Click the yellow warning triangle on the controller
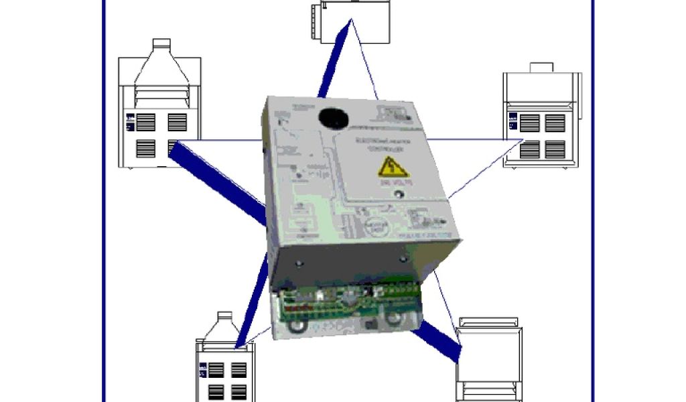coord(394,167)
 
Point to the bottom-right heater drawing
coord(489,362)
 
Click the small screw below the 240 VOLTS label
coord(399,195)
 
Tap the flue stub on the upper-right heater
coord(541,68)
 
